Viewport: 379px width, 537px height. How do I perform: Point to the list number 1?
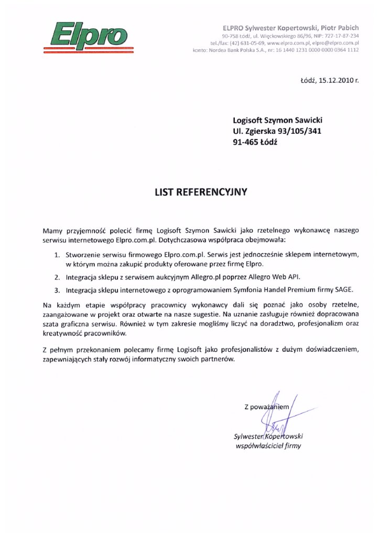pyautogui.click(x=57, y=254)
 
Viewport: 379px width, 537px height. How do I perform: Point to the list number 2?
pyautogui.click(x=57, y=276)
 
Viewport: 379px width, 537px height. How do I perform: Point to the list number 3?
pyautogui.click(x=57, y=289)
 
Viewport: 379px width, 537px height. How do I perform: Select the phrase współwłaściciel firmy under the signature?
pyautogui.click(x=269, y=446)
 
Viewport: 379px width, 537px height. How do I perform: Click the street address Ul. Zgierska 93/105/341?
pyautogui.click(x=277, y=131)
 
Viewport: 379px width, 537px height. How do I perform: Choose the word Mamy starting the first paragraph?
pyautogui.click(x=51, y=230)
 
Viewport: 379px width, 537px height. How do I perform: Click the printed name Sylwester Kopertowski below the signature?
pyautogui.click(x=269, y=436)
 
